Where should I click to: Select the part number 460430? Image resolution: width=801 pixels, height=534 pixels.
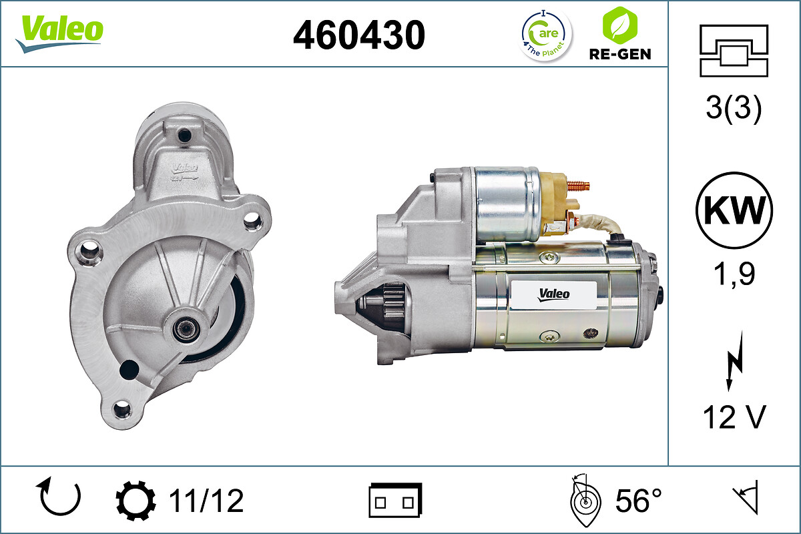[x=359, y=35]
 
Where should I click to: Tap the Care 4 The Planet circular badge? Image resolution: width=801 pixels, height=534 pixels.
[x=546, y=34]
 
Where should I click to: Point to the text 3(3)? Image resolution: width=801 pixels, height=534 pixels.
[x=734, y=109]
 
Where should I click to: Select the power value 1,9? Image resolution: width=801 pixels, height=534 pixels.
[x=734, y=273]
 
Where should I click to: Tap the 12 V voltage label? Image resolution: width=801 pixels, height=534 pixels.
[x=734, y=419]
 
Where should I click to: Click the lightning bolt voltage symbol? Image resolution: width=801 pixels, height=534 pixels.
[x=734, y=364]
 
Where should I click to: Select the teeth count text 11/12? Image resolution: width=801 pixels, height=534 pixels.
[x=206, y=501]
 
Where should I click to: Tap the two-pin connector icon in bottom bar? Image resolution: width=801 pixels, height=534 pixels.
[x=395, y=501]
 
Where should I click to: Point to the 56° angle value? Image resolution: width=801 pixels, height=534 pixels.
[x=637, y=501]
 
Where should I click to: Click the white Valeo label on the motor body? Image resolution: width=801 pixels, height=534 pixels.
[x=553, y=293]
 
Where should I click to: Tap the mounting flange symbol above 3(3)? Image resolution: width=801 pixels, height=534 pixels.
[x=734, y=51]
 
